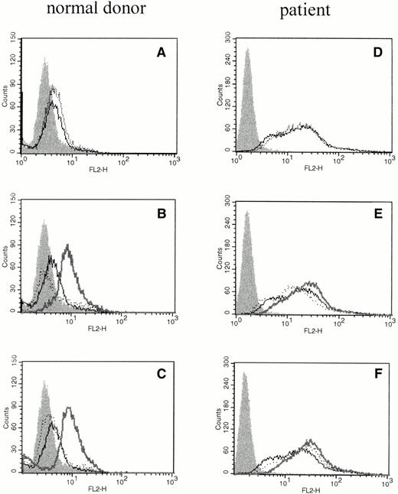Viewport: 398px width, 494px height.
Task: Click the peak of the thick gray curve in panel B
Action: [69, 245]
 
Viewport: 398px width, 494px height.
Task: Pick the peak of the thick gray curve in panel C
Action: [69, 408]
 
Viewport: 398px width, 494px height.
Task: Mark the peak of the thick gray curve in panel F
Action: [309, 440]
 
